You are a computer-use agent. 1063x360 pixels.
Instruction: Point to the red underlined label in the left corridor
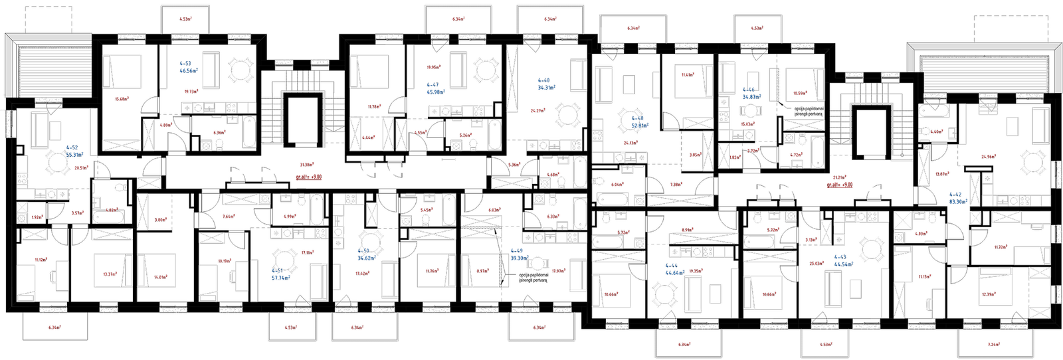pos(308,176)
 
